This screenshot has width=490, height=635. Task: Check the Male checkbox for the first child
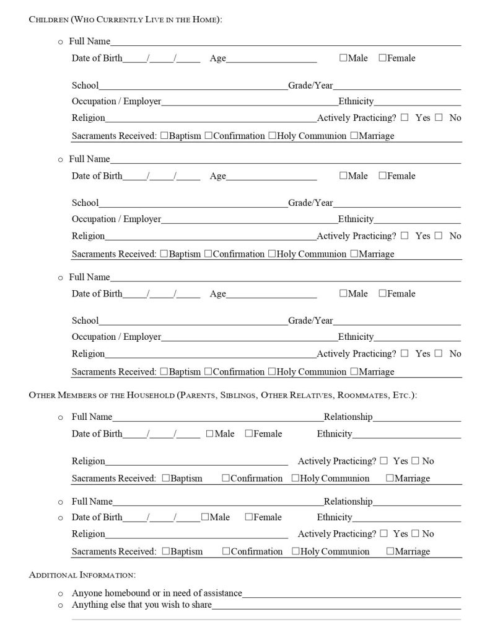[x=343, y=58]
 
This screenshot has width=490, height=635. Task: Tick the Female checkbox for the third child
[x=382, y=293]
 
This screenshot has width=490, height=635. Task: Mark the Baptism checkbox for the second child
[x=164, y=254]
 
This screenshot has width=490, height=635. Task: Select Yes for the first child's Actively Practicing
[x=405, y=117]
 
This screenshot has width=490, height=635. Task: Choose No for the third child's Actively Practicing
[x=439, y=353]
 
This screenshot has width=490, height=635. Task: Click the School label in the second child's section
[x=85, y=203]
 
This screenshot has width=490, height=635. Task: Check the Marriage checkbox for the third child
[x=354, y=371]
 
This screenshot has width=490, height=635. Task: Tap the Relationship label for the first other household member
[x=348, y=417]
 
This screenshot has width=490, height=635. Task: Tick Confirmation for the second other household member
[x=226, y=551]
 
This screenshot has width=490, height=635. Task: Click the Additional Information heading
[x=82, y=575]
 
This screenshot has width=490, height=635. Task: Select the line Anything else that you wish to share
[x=142, y=605]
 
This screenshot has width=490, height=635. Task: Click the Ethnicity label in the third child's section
[x=356, y=337]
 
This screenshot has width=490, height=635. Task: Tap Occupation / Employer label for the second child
[x=116, y=219]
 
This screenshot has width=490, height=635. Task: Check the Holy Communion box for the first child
[x=272, y=136]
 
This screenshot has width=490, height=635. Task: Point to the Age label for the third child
[x=218, y=294]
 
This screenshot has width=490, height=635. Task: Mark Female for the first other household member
[x=248, y=433]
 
